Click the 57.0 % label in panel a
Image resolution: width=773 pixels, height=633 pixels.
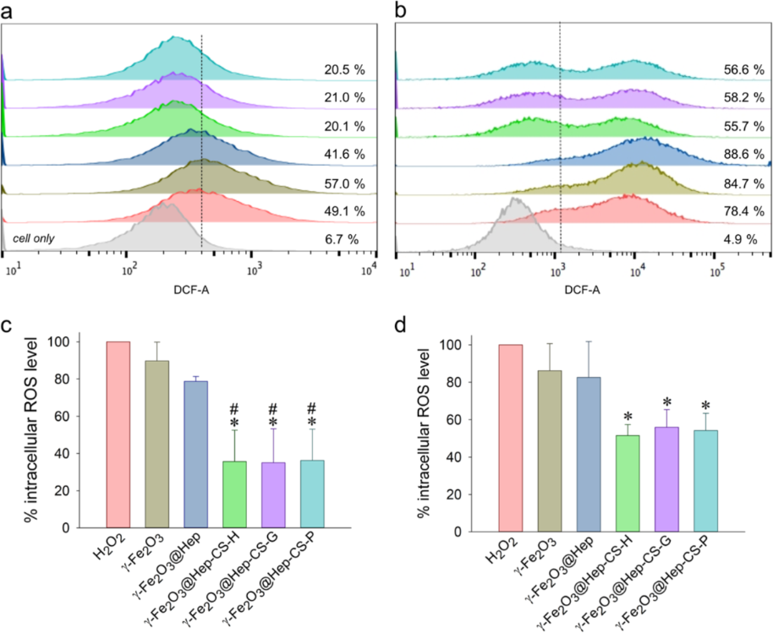(341, 183)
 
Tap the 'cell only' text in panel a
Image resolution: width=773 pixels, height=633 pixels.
(38, 238)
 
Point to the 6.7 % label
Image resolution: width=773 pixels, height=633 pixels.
(341, 239)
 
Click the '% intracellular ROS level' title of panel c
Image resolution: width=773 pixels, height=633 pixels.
(36, 433)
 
